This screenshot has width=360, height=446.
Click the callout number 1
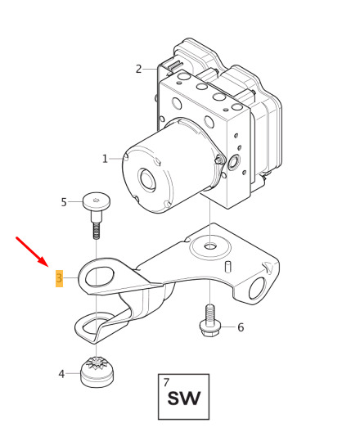tap(105, 159)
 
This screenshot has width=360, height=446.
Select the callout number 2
tap(138, 69)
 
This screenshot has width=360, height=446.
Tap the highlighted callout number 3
tap(59, 278)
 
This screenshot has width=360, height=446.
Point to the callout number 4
tap(61, 374)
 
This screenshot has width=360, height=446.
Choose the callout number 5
tap(64, 202)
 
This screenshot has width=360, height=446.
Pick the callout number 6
tap(241, 327)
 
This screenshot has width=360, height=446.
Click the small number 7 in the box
tap(166, 382)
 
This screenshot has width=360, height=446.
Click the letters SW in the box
tap(184, 399)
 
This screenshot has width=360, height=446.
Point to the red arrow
tap(33, 252)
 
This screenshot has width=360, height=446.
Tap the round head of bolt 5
tap(97, 201)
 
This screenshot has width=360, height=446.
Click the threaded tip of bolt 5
tap(97, 231)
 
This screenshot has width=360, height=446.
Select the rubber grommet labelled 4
tap(97, 372)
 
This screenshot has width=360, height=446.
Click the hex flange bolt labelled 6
tap(209, 321)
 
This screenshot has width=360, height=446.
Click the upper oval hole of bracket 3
tap(100, 276)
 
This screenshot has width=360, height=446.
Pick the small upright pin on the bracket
tap(228, 267)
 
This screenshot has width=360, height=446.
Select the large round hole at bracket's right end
tap(258, 288)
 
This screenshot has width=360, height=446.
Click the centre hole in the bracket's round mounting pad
tap(210, 246)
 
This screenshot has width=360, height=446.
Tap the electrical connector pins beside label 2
tap(173, 65)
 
